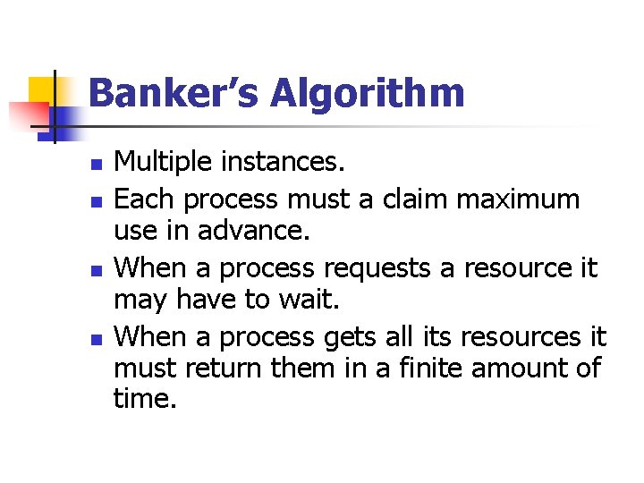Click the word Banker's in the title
click(168, 94)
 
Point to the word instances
click(288, 162)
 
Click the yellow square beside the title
click(43, 92)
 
